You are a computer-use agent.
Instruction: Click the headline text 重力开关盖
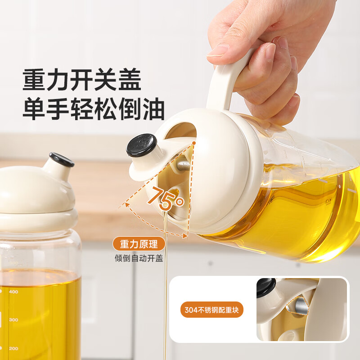[82, 80]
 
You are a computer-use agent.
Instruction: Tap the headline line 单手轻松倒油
[94, 109]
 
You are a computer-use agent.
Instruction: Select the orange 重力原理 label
[139, 245]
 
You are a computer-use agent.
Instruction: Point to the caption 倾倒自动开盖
[139, 258]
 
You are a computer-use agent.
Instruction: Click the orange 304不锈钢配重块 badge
[213, 310]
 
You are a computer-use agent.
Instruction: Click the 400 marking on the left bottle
[13, 292]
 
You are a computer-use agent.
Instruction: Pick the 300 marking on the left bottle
[13, 320]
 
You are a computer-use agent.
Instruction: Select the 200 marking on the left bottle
[13, 348]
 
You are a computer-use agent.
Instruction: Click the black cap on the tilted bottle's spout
[141, 145]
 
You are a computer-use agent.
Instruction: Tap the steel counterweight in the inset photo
[301, 307]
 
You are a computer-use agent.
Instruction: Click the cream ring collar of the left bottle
[38, 220]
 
